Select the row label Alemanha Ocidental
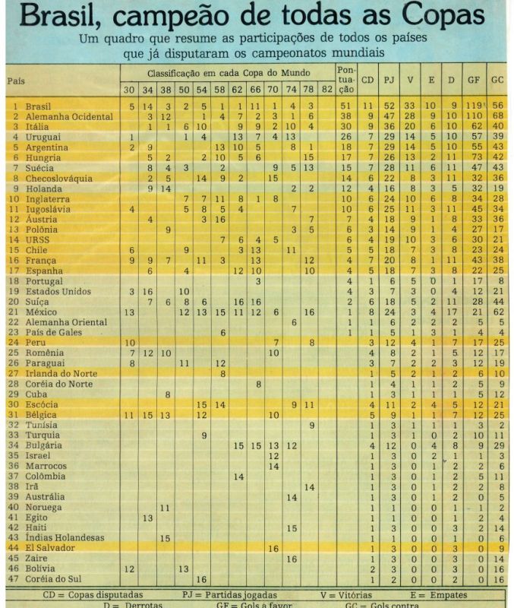[x=69, y=116]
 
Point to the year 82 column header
[x=327, y=90]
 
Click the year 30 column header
[x=130, y=90]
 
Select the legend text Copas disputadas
[x=103, y=595]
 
